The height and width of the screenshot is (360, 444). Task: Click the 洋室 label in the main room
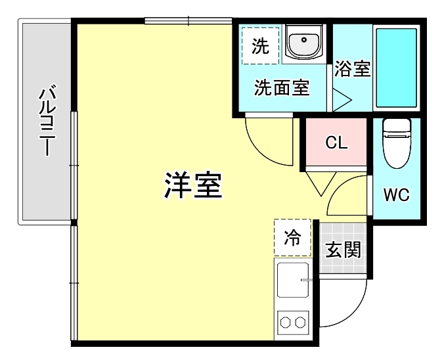coord(193,185)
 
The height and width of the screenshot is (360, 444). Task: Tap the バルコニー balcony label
coord(47,122)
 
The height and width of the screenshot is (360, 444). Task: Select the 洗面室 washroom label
coord(282,87)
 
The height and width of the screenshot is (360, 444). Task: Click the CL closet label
coord(336,143)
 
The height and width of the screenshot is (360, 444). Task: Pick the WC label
coord(397,194)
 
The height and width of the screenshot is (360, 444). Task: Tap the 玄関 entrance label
coord(343,250)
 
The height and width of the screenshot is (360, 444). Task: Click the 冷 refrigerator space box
coord(292,238)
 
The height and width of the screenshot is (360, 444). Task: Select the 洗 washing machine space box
coord(261,46)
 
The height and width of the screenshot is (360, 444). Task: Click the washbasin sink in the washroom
coord(304,42)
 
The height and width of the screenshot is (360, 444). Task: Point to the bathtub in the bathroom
coord(397,68)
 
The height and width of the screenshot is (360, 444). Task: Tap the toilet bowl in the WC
coord(397,143)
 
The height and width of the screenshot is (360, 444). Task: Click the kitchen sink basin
coord(293,280)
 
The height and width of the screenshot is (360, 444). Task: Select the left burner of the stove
coord(285,323)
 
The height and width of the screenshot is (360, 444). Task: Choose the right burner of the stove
coord(300,323)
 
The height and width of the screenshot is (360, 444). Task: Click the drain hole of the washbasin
coord(304,39)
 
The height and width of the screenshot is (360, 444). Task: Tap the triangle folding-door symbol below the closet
coord(321,183)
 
